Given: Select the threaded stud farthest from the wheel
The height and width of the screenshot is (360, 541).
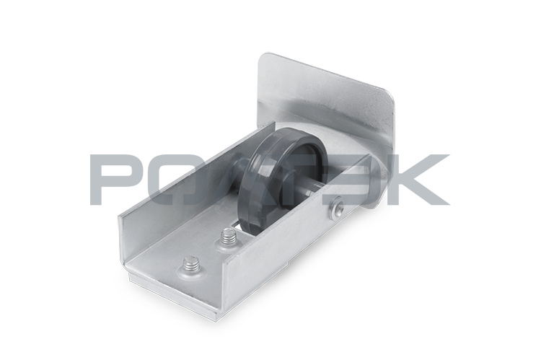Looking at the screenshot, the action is (x=189, y=265).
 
